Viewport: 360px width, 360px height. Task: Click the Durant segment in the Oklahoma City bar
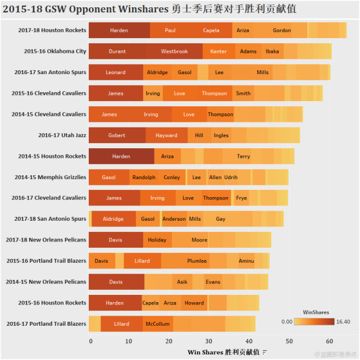(117, 52)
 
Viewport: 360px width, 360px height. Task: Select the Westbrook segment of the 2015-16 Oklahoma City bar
(174, 52)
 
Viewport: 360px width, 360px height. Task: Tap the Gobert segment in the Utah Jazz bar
(117, 135)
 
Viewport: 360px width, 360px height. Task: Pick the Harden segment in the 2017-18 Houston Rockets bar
(119, 30)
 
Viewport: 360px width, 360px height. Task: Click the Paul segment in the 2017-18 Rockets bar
(170, 30)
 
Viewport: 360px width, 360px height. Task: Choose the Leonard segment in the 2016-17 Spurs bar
(116, 72)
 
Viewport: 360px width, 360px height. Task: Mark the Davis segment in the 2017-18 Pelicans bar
(116, 240)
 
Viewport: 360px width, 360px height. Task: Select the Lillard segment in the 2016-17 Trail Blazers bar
(122, 324)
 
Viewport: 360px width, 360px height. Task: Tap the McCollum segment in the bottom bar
(157, 324)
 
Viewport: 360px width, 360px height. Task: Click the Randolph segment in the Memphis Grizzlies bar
(144, 177)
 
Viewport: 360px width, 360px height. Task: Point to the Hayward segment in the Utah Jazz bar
(166, 135)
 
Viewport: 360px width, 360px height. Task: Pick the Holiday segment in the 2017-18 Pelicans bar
(157, 240)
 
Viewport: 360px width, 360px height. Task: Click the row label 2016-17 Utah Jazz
(62, 135)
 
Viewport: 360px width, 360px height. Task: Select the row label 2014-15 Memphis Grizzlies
(51, 177)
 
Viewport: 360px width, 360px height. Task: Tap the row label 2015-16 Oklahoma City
(55, 52)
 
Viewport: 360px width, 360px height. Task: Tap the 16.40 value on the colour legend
(343, 322)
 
